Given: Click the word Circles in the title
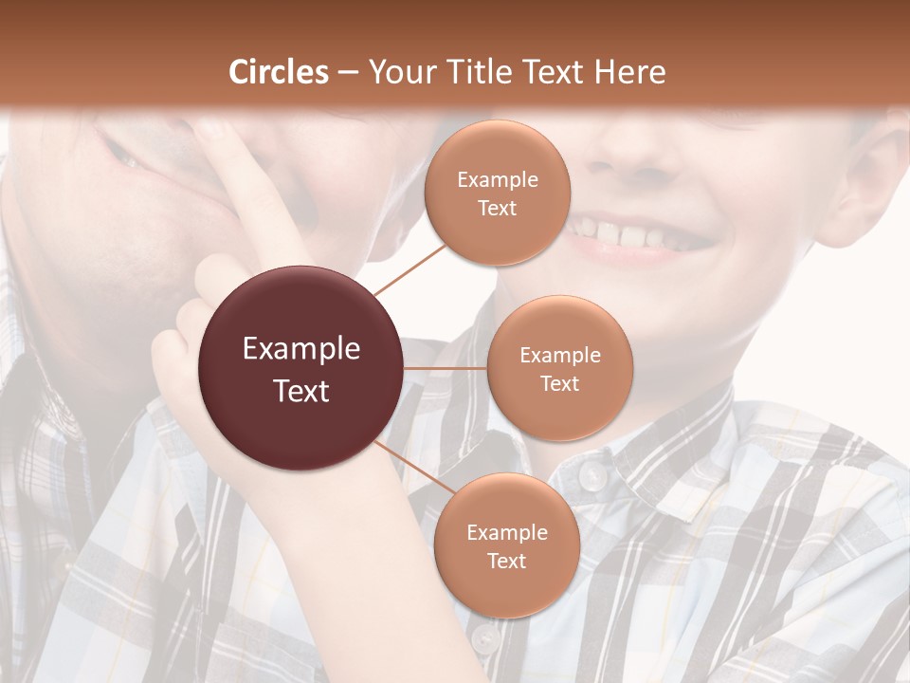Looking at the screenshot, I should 279,72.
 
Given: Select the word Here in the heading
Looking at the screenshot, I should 629,72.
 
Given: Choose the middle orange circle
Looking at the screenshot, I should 559,368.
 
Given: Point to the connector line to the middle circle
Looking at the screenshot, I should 446,368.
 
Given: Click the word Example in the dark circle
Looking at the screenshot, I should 301,349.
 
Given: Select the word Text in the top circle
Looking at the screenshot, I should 497,209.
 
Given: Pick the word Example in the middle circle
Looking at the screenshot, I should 559,356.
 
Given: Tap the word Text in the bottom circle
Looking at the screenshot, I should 506,562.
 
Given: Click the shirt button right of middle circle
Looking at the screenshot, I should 591,478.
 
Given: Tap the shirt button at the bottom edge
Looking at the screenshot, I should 484,639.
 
